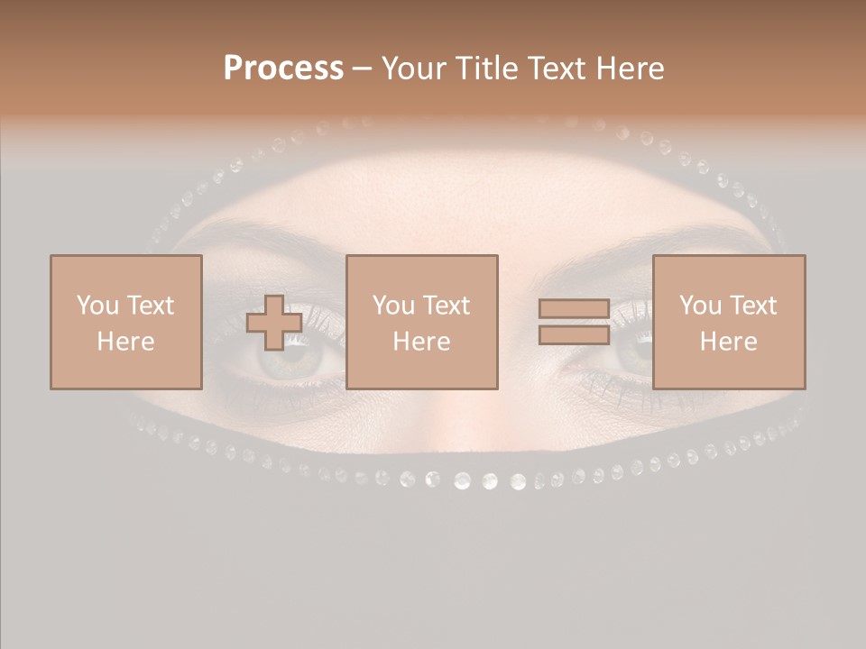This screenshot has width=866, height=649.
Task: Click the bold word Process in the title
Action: click(283, 69)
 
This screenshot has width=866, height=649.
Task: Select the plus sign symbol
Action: click(274, 323)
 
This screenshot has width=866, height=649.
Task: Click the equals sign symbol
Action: click(574, 322)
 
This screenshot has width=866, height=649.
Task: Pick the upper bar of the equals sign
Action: click(574, 309)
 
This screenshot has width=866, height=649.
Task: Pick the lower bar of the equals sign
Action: click(574, 334)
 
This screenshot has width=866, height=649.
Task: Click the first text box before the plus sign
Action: click(125, 322)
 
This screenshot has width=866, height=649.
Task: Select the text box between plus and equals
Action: click(421, 322)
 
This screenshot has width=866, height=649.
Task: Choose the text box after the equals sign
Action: click(729, 322)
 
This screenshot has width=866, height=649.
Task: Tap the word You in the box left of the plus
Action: click(97, 306)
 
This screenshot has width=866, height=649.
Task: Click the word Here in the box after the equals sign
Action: click(729, 342)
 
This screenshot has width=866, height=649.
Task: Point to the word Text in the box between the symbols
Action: click(446, 306)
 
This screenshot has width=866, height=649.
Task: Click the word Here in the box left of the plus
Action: click(125, 342)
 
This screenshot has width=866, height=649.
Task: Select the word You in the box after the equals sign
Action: click(700, 306)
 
